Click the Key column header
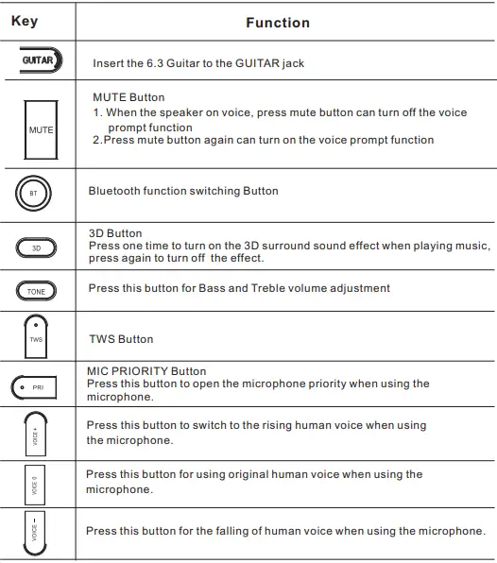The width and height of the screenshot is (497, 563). [25, 20]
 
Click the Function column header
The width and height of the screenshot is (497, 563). [277, 22]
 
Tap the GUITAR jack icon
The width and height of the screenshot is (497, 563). [38, 61]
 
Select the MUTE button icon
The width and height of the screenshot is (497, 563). [41, 128]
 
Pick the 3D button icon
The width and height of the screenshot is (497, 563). [37, 248]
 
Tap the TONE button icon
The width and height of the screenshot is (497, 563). [36, 291]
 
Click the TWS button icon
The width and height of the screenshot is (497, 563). [36, 336]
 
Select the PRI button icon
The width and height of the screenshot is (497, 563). [34, 387]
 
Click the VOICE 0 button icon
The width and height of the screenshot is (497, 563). [34, 484]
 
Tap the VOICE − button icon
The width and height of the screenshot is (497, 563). [34, 534]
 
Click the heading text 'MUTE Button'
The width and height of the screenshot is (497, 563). [129, 97]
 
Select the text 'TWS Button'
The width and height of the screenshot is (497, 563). [121, 339]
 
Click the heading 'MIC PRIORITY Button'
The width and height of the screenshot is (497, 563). [146, 371]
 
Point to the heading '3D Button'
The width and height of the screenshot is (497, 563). [114, 233]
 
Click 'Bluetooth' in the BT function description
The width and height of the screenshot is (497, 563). [116, 191]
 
